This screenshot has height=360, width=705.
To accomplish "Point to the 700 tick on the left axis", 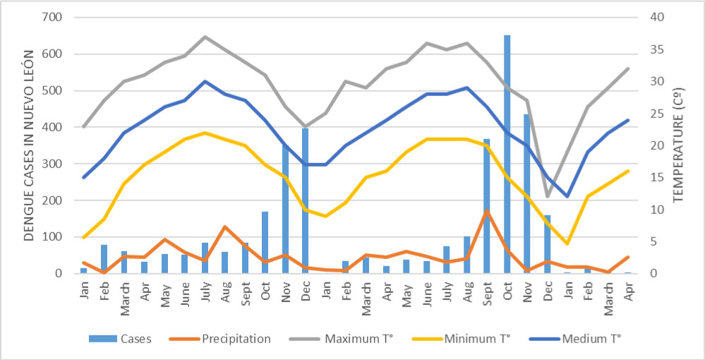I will pyautogui.click(x=60, y=17).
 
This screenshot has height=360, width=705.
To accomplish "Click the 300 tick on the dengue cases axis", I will pyautogui.click(x=60, y=164).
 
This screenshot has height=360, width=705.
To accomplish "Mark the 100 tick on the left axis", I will pyautogui.click(x=60, y=236).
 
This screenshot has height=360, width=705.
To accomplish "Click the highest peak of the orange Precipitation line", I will pyautogui.click(x=487, y=210).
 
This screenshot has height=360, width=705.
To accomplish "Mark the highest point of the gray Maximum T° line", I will pyautogui.click(x=205, y=37).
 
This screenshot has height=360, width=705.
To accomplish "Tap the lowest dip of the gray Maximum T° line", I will pyautogui.click(x=547, y=197).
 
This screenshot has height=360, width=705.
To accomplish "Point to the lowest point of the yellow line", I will pyautogui.click(x=567, y=244).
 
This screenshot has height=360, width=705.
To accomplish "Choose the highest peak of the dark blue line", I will pyautogui.click(x=205, y=81).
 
